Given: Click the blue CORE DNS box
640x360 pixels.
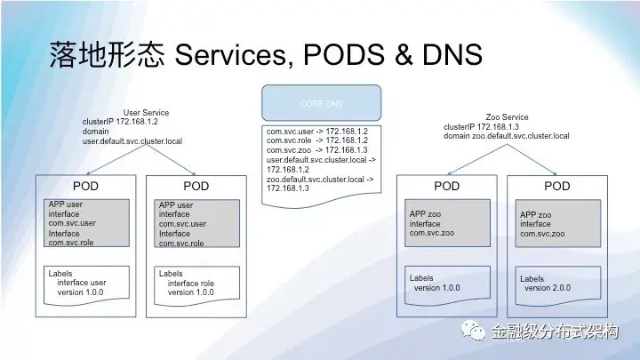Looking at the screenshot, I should pos(322,103).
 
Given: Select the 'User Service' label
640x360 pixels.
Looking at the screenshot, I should pos(146,113).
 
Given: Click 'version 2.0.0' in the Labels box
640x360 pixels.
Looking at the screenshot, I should pos(547,288).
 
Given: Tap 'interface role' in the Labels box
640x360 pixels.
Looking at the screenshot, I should pos(191,283).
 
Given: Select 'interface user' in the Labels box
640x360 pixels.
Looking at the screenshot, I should pos(82,283).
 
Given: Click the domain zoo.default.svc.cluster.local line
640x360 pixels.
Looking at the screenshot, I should pos(507,135).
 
